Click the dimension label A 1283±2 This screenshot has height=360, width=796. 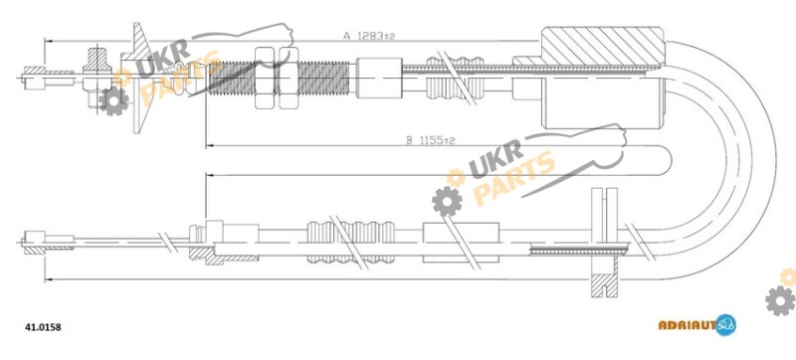tap(369, 36)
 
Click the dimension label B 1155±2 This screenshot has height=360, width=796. tap(431, 140)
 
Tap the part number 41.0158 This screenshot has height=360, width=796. tap(43, 327)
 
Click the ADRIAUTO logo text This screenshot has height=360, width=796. tap(688, 325)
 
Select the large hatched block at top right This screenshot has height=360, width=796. tap(603, 46)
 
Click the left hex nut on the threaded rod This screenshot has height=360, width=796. tap(265, 78)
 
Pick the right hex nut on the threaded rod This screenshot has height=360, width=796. tap(289, 78)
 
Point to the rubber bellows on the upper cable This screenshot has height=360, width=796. tap(456, 79)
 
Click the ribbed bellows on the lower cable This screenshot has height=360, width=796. tap(351, 243)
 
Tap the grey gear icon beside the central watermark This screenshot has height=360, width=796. tap(447, 201)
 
